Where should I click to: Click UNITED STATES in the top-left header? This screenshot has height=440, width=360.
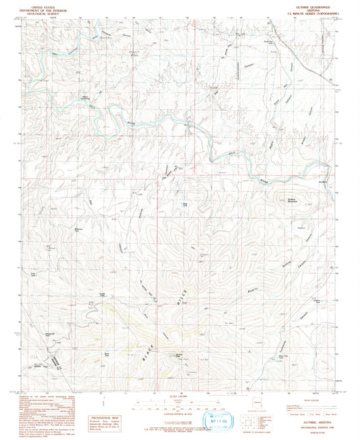41,5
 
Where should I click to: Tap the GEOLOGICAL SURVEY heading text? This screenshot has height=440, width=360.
41,12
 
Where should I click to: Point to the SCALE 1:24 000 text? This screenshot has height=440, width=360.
180,395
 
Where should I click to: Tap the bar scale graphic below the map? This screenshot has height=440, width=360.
180,406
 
